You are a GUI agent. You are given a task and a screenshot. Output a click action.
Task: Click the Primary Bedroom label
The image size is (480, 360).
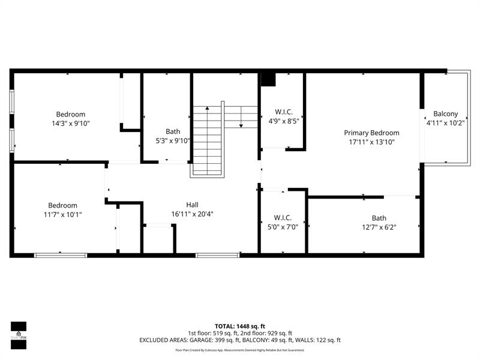click(371, 133)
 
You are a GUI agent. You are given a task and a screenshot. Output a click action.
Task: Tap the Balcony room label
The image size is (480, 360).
click(446, 113)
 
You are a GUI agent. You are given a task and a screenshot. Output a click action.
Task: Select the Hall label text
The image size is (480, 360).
click(192, 204)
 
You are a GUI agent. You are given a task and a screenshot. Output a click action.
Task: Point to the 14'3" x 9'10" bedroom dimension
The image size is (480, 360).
click(71, 123)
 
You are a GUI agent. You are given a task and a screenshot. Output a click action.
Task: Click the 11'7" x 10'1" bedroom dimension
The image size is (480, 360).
click(63, 214)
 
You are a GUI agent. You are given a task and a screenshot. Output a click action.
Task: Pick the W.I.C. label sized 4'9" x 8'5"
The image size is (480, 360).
click(283, 112)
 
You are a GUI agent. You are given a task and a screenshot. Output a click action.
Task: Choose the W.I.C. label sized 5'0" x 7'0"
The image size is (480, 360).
click(283, 217)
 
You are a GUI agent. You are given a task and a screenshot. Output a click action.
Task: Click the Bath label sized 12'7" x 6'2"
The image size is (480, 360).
click(379, 218)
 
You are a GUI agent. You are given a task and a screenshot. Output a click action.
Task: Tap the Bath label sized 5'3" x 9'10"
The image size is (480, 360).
click(173, 131)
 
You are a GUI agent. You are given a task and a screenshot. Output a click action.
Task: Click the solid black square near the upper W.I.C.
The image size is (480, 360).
click(268, 79)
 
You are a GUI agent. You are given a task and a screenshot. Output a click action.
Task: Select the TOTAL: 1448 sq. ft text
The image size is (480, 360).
click(239, 326)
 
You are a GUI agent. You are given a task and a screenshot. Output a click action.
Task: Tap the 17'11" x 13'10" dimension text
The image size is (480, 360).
click(371, 142)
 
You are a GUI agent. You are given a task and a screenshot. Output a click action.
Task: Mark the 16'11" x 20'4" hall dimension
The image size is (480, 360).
click(192, 214)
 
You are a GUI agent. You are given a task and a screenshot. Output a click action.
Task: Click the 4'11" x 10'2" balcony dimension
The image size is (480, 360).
click(446, 123)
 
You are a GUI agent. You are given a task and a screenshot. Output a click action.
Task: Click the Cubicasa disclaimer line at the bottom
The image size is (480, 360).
click(239, 350)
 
